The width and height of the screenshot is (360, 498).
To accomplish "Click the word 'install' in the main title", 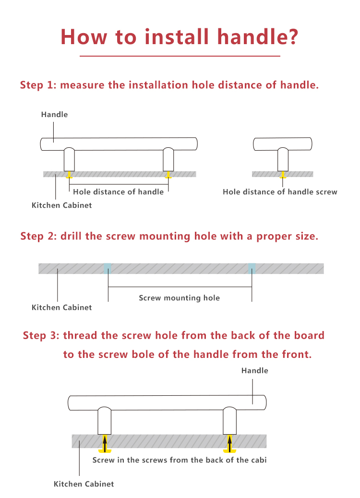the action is pyautogui.click(x=177, y=36).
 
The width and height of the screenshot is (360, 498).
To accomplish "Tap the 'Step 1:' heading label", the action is pyautogui.click(x=38, y=85).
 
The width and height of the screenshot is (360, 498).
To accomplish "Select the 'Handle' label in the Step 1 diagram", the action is pyautogui.click(x=54, y=114).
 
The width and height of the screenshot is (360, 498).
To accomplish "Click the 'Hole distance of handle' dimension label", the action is pyautogui.click(x=118, y=192).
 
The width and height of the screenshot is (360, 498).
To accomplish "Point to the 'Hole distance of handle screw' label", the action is pyautogui.click(x=280, y=192).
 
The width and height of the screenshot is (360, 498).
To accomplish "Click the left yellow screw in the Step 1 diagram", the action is pyautogui.click(x=69, y=175).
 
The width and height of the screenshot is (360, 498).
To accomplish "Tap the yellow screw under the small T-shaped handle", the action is pyautogui.click(x=282, y=175).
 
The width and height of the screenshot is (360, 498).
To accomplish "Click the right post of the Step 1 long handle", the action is pyautogui.click(x=168, y=160).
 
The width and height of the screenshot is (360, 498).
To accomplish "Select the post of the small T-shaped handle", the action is pyautogui.click(x=283, y=160).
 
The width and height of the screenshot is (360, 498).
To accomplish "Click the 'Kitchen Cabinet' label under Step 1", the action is pyautogui.click(x=61, y=205).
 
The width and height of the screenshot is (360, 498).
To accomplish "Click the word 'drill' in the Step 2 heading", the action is pyautogui.click(x=71, y=237).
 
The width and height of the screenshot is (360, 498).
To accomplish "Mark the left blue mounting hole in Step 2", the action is pyautogui.click(x=108, y=268).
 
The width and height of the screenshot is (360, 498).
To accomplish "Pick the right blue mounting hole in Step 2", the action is pyautogui.click(x=252, y=268).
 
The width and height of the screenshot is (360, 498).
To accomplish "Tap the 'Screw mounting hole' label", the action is pyautogui.click(x=179, y=298).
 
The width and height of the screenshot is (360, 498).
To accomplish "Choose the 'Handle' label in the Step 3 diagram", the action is pyautogui.click(x=254, y=371).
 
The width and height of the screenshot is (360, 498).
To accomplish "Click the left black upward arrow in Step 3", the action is pyautogui.click(x=105, y=443).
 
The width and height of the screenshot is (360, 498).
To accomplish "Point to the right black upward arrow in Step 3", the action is pyautogui.click(x=229, y=443).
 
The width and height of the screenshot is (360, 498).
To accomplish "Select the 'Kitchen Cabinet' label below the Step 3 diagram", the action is pyautogui.click(x=84, y=484).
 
